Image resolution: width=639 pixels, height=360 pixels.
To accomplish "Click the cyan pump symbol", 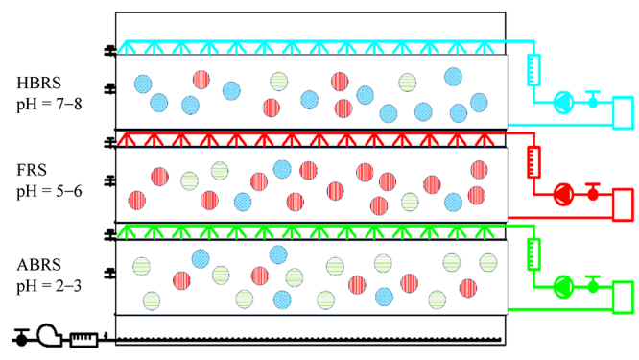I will click(563, 101).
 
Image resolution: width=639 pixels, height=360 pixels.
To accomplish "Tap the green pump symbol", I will click(563, 285).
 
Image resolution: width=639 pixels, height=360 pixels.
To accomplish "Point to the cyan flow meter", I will click(534, 68).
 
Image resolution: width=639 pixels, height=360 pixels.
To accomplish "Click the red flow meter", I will click(534, 160).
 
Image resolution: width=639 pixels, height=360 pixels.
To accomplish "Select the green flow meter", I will click(534, 253).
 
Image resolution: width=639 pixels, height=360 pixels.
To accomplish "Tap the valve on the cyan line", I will click(593, 99).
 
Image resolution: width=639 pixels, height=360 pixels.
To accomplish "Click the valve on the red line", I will click(593, 191).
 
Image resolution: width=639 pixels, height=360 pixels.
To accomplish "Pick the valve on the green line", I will click(593, 283).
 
